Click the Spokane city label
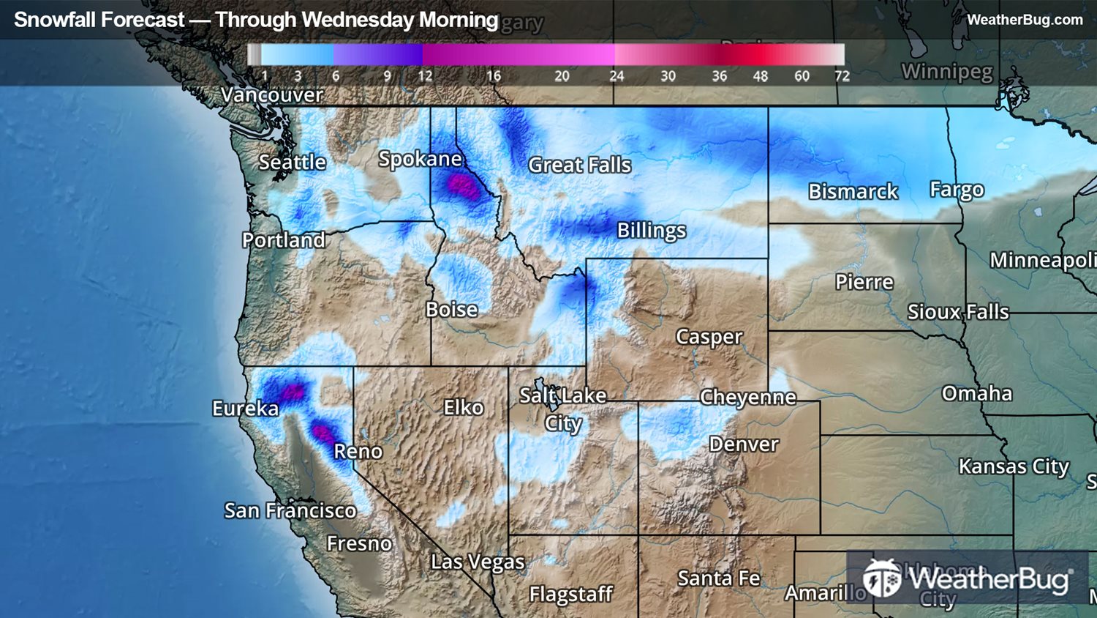coord(420,159)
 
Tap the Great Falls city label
coord(579,165)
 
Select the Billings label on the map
coord(651,230)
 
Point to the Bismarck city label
coord(853,191)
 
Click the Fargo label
coord(957,189)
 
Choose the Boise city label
coord(451,309)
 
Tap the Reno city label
coord(358,451)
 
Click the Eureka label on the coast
coord(245,408)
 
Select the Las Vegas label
coord(478,562)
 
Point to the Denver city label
coord(743,444)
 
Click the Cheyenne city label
coord(747,397)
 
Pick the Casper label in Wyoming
coord(709,336)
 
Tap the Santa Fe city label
coord(718,578)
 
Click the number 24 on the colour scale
coord(617,75)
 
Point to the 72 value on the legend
coord(842,75)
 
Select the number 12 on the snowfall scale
coord(425,75)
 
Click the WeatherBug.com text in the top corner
coord(1024,20)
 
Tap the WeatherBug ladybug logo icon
coord(881,578)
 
